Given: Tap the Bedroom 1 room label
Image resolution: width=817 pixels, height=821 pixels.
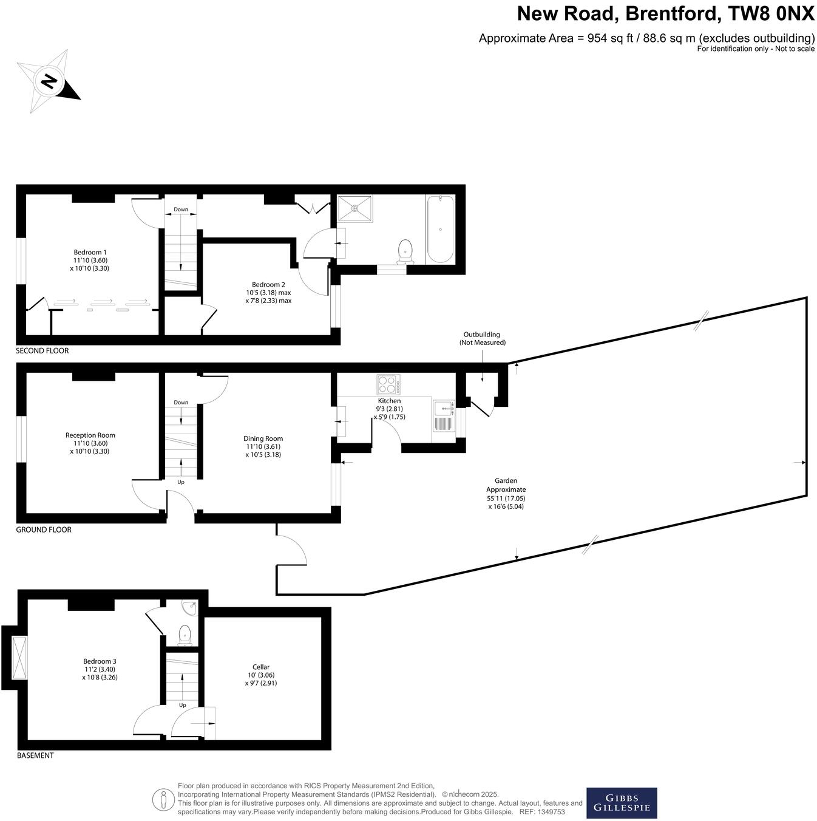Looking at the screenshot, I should tap(90, 260).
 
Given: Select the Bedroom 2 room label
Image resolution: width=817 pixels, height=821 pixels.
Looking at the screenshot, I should tap(268, 292).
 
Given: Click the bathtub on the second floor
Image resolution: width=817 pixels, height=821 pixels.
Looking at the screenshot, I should tap(440, 229).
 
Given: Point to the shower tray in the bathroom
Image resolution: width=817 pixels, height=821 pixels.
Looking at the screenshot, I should tap(355, 208).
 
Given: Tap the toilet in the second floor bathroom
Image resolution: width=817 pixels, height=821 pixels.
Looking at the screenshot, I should tap(405, 251).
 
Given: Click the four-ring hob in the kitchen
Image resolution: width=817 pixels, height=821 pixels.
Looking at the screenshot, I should tap(388, 385).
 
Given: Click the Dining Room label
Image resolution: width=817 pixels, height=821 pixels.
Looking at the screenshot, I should tap(263, 446).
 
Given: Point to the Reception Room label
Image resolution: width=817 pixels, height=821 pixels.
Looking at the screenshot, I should tap(90, 443).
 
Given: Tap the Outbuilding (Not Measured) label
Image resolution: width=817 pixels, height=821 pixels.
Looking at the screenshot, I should tap(482, 338).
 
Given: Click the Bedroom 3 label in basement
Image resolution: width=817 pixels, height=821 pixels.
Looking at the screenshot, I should tap(100, 669).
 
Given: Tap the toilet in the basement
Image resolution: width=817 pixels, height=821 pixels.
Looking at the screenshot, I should tap(185, 635).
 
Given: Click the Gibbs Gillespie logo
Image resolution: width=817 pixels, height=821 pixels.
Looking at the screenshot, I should tap(622, 803).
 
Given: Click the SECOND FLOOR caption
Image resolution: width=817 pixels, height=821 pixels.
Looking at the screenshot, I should tap(42, 351).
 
